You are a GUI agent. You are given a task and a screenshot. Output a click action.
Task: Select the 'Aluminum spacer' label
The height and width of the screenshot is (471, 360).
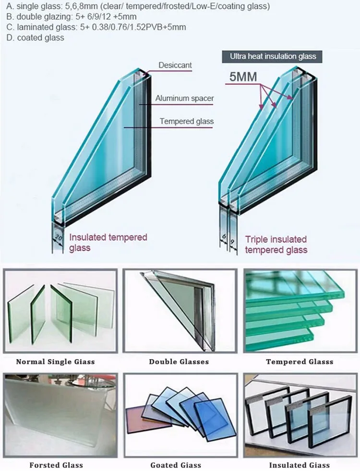pos(184,98)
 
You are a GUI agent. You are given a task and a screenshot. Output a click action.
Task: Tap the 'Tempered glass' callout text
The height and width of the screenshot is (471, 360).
pos(187,121)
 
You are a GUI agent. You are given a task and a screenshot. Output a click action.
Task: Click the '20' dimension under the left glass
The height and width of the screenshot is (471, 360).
pos(58,238)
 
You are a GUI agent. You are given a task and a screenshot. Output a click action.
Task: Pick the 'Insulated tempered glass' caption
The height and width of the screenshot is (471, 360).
pos(108,242)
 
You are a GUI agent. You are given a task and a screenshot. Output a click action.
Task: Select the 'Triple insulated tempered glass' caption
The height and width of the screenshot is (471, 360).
pos(276,244)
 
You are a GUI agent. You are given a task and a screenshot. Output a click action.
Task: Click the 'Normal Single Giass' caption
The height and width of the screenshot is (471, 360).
pos(55,362)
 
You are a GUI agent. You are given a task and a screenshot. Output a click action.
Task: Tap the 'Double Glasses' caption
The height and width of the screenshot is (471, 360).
pos(179,362)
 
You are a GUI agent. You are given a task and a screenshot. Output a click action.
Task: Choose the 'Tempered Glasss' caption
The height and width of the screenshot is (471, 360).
pos(300,362)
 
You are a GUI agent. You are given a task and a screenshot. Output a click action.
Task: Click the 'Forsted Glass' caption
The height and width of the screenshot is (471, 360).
pos(56,465)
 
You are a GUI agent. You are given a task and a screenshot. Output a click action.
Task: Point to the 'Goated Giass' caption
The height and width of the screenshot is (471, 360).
pos(176,465)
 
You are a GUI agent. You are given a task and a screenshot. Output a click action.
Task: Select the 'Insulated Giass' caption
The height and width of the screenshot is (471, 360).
pos(300,465)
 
